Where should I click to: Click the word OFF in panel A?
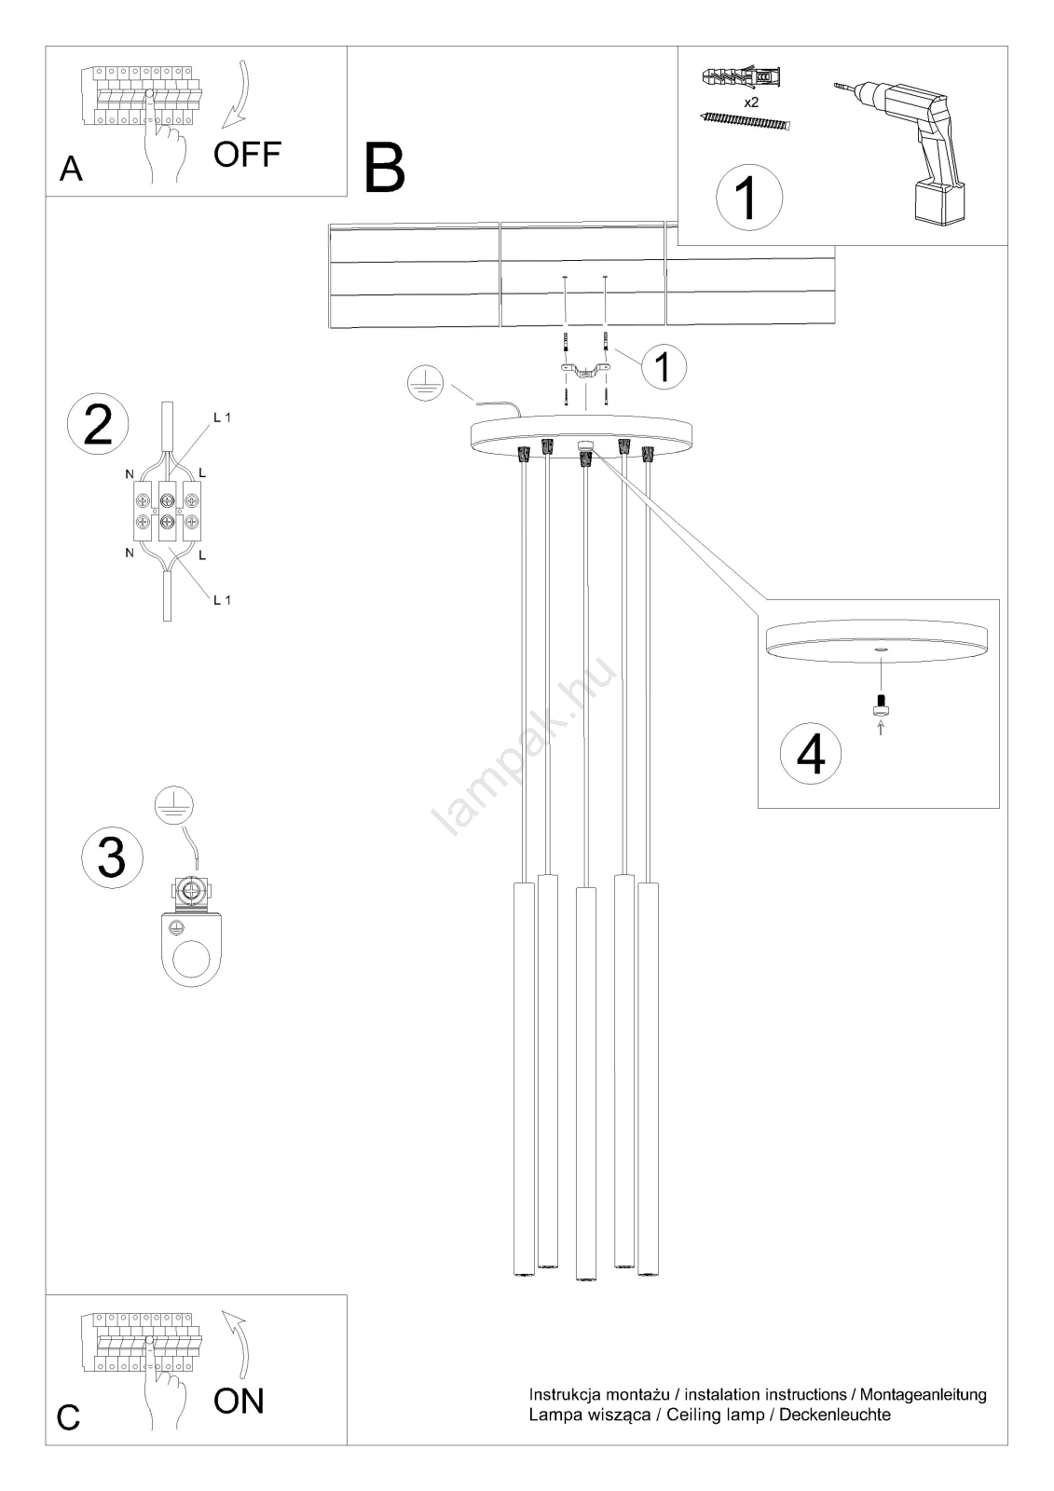pyautogui.click(x=247, y=155)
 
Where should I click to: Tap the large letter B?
pyautogui.click(x=385, y=169)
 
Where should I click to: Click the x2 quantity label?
pyautogui.click(x=751, y=103)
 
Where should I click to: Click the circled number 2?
pyautogui.click(x=99, y=425)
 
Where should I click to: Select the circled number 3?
pyautogui.click(x=112, y=857)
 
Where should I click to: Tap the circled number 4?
pyautogui.click(x=811, y=754)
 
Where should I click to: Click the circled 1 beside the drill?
pyautogui.click(x=749, y=197)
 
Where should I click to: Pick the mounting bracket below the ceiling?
pyautogui.click(x=584, y=373)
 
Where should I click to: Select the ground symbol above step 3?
pyautogui.click(x=173, y=805)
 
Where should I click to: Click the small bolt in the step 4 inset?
pyautogui.click(x=881, y=704)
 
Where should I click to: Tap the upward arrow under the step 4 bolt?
pyautogui.click(x=881, y=727)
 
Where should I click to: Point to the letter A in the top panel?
pyautogui.click(x=71, y=169)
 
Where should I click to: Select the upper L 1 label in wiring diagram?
pyautogui.click(x=223, y=418)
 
